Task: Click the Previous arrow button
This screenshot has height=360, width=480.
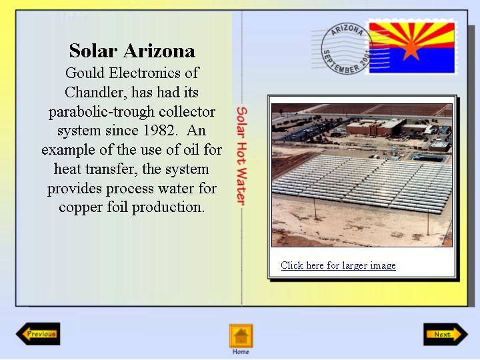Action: (38, 334)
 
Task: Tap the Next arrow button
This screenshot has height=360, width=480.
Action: (445, 334)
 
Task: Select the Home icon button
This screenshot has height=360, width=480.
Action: (241, 336)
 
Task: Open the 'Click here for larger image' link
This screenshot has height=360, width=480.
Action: (338, 265)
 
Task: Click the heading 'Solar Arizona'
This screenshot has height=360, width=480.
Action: (132, 51)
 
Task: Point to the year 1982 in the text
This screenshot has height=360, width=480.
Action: (159, 131)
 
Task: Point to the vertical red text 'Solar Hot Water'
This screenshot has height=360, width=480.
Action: (241, 156)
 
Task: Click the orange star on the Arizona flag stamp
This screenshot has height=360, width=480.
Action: (411, 49)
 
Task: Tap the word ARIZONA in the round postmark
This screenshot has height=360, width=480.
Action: (347, 30)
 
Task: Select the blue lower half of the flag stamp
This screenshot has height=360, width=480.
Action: (412, 61)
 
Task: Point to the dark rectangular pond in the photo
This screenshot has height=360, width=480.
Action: (428, 158)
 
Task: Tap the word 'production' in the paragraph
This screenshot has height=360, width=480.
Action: (168, 208)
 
